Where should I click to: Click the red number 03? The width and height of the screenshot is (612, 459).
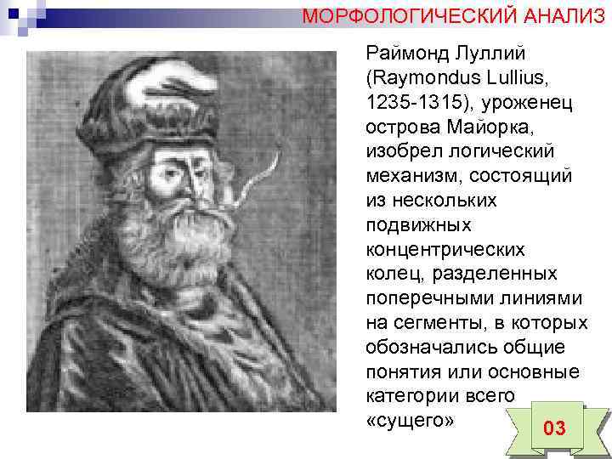click(x=553, y=428)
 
